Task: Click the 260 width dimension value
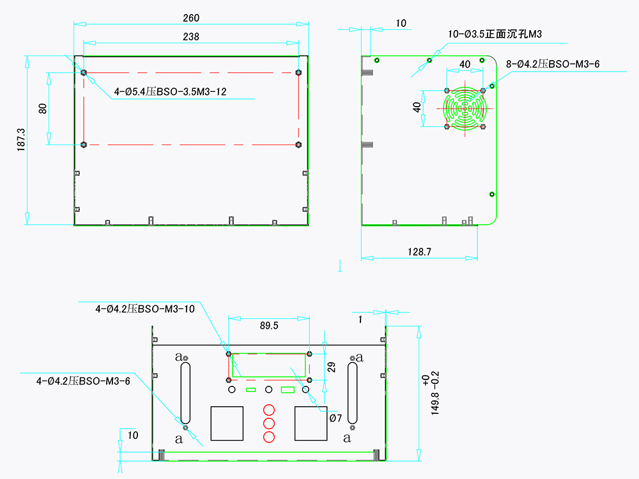[x=190, y=19]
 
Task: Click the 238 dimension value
[x=190, y=36]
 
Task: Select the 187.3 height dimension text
[x=21, y=140]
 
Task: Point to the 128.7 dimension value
[x=419, y=252]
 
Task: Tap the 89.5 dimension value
[x=269, y=326]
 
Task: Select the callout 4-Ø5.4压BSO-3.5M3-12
[x=170, y=92]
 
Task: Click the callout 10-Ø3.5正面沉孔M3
[x=495, y=34]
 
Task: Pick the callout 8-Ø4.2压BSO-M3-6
[x=552, y=64]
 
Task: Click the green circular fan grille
[x=465, y=108]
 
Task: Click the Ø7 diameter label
[x=335, y=418]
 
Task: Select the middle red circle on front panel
[x=268, y=423]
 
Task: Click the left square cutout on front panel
[x=227, y=423]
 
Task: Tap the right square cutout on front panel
[x=311, y=423]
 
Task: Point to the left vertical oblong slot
[x=185, y=391]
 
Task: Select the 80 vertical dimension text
[x=43, y=108]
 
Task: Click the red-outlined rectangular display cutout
[x=268, y=365]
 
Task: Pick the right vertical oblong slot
[x=352, y=391]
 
